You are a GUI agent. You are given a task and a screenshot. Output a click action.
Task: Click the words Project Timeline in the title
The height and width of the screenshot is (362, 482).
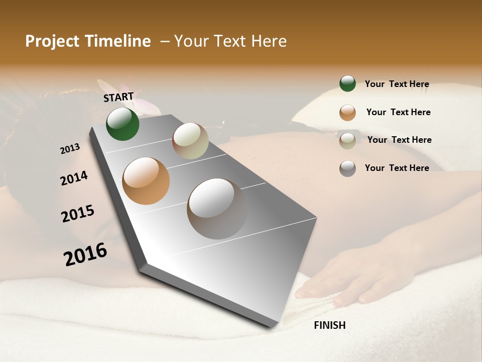[88, 41]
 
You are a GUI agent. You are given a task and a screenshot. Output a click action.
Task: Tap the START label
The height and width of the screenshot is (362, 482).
[118, 97]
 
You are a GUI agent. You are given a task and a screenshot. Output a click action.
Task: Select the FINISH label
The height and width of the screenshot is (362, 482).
[329, 325]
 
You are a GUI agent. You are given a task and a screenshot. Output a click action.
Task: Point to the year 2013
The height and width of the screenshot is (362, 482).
[70, 149]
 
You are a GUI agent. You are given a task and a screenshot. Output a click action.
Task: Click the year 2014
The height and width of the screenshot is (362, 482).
[74, 178]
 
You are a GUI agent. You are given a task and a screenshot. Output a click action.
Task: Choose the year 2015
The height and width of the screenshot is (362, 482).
[78, 214]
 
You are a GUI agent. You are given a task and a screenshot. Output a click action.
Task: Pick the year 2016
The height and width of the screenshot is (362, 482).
[85, 254]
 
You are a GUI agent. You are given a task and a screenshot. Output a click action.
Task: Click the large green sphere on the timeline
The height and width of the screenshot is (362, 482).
[123, 124]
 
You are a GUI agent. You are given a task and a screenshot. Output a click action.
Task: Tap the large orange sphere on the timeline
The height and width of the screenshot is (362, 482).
[146, 181]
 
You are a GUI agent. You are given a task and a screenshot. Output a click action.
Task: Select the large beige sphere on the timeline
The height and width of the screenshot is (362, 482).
[190, 141]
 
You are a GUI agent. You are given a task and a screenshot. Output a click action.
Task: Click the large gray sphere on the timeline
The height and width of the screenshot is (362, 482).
[217, 209]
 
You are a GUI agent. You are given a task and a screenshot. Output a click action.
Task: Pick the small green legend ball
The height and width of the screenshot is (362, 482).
[347, 83]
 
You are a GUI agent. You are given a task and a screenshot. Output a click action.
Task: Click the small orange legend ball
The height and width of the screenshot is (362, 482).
[347, 113]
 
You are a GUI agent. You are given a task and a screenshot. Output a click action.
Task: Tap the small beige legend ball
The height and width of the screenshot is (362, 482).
[347, 141]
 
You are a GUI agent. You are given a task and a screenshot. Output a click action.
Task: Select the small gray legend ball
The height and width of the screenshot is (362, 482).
[347, 168]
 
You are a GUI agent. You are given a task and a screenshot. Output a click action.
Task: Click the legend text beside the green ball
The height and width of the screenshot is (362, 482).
[397, 84]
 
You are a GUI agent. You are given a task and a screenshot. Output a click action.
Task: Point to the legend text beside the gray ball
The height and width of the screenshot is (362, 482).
[397, 168]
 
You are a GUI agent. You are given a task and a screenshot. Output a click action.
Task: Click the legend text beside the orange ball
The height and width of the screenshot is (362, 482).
[398, 112]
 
